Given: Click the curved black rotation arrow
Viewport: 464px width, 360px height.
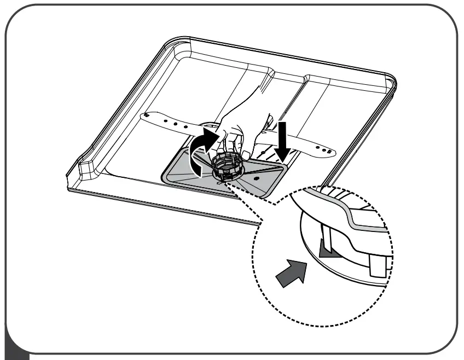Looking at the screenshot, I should tap(201, 148).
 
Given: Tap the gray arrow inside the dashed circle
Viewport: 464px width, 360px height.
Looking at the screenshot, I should tap(289, 273).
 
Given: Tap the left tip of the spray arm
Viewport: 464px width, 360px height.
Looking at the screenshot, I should tap(143, 116).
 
